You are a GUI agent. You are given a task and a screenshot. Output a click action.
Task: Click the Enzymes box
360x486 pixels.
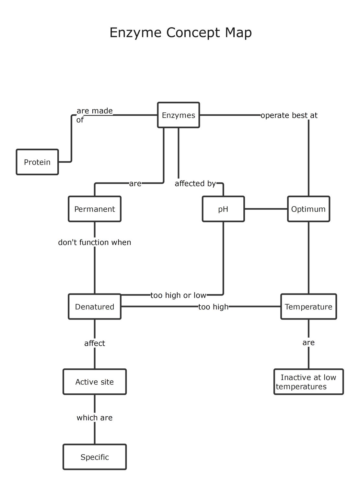pyautogui.click(x=179, y=115)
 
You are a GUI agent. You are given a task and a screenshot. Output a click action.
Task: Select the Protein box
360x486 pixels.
pyautogui.click(x=37, y=162)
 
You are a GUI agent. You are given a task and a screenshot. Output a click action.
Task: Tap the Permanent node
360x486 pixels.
pyautogui.click(x=95, y=209)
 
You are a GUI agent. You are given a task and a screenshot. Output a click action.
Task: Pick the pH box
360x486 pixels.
pyautogui.click(x=223, y=209)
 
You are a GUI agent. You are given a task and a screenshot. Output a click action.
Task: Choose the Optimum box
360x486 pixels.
pyautogui.click(x=308, y=209)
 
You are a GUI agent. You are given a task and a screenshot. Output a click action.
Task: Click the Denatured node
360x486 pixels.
pyautogui.click(x=95, y=307)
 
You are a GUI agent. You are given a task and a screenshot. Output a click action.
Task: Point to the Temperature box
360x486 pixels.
pyautogui.click(x=308, y=307)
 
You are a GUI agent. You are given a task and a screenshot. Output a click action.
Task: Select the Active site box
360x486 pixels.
pyautogui.click(x=95, y=382)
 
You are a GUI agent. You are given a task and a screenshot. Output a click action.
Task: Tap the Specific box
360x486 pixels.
pyautogui.click(x=95, y=457)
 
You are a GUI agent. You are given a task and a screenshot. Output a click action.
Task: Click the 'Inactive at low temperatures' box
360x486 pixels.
pyautogui.click(x=308, y=382)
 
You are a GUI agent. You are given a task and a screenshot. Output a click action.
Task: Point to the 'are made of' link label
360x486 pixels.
pyautogui.click(x=94, y=115)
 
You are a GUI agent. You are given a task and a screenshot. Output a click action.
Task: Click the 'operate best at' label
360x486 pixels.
pyautogui.click(x=289, y=115)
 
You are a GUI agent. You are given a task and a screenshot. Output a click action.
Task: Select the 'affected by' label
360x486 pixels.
pyautogui.click(x=195, y=183)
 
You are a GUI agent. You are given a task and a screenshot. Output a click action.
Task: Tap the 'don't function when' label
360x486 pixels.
pyautogui.click(x=95, y=242)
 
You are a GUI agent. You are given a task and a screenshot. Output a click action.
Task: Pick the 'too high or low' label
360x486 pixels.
pyautogui.click(x=178, y=295)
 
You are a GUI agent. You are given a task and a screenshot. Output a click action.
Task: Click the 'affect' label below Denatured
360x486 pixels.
pyautogui.click(x=95, y=343)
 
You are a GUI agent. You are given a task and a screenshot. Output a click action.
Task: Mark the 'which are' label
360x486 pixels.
pyautogui.click(x=95, y=418)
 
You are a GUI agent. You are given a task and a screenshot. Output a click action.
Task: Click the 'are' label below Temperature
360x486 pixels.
pyautogui.click(x=308, y=342)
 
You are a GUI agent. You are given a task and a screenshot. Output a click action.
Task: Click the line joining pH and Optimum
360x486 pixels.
pyautogui.click(x=266, y=209)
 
